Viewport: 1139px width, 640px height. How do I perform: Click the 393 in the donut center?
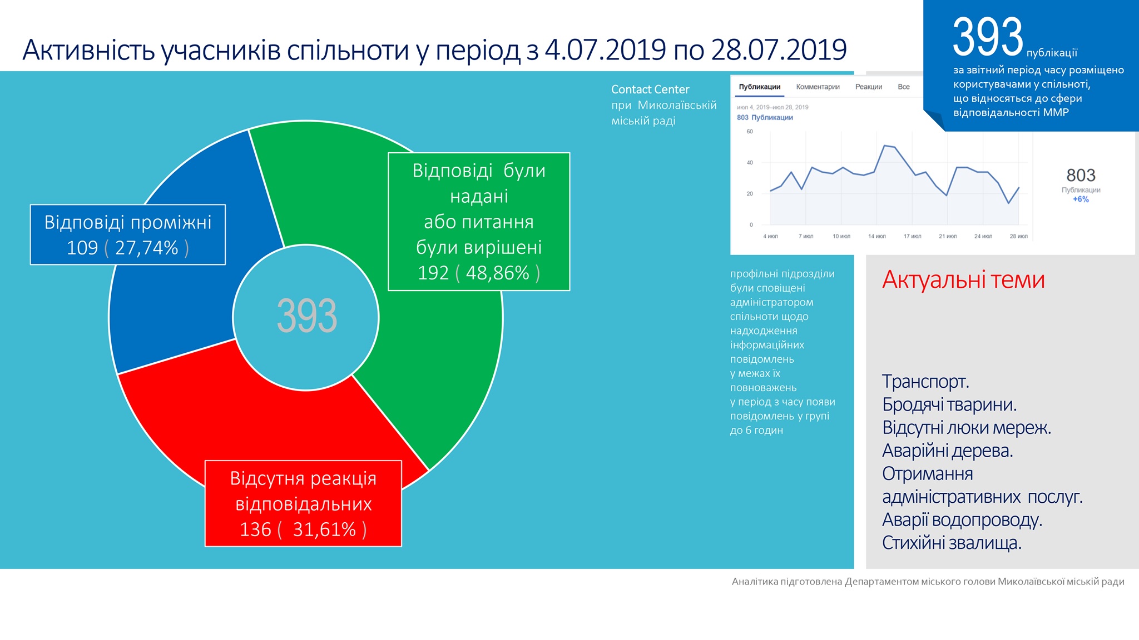tap(306, 316)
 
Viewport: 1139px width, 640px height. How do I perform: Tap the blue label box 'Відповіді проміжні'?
tap(128, 234)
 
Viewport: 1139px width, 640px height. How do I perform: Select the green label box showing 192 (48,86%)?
tap(479, 222)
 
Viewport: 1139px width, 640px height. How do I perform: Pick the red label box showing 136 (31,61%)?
tap(303, 503)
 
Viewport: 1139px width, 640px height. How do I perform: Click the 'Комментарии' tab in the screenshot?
tap(818, 87)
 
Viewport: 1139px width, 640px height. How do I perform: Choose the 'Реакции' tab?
tap(869, 87)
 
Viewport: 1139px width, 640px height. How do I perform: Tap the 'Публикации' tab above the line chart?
tap(759, 87)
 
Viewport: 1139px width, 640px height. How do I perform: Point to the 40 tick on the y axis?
tap(750, 163)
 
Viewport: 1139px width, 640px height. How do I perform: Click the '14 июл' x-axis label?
tap(877, 237)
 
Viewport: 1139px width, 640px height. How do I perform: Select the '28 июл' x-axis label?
tap(1018, 237)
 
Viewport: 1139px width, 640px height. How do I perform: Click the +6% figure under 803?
tap(1081, 199)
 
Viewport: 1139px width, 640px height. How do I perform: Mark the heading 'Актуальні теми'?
tap(963, 279)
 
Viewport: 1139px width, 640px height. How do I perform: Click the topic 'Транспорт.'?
tap(925, 382)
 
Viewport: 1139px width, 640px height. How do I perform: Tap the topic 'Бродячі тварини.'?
tap(949, 405)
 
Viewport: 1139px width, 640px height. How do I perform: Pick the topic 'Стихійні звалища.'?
tap(952, 543)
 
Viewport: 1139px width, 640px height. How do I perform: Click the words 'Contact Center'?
tap(650, 89)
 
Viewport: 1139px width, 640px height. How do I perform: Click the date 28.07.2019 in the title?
tap(779, 50)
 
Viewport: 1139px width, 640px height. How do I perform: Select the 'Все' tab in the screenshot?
tap(904, 87)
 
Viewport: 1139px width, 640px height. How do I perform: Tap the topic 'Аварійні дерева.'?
tap(948, 451)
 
